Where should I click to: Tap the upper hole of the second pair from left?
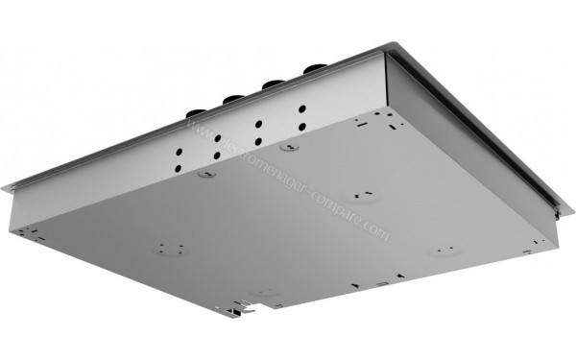(218, 138)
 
